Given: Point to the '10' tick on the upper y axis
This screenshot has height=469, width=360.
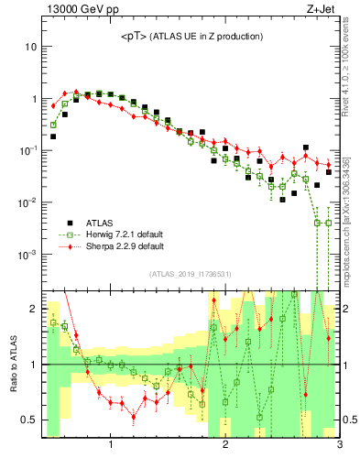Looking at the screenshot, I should pos(30,47).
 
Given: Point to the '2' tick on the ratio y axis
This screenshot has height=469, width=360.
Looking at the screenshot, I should pos(33,309).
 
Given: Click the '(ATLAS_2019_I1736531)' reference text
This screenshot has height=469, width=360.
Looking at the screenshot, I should pos(190,274).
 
